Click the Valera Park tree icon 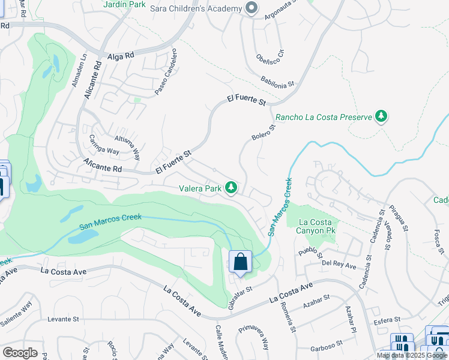click(x=231, y=188)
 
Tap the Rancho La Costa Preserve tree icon click(x=380, y=116)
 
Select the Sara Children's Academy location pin click(x=252, y=8)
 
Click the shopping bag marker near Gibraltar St click(x=240, y=262)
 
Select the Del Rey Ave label click(x=339, y=264)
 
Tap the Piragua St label click(x=399, y=219)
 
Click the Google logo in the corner click(x=20, y=352)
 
